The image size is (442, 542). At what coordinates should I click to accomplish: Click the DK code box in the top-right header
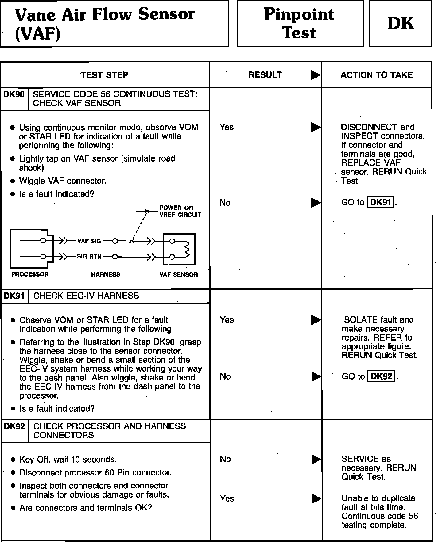click(x=400, y=23)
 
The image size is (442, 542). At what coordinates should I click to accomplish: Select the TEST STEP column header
click(x=105, y=75)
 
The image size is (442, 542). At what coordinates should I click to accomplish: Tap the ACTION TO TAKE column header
click(x=377, y=75)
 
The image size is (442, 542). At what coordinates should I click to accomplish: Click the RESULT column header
click(x=265, y=75)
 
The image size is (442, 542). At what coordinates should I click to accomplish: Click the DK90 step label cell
click(x=14, y=94)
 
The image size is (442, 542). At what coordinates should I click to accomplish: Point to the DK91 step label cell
click(x=14, y=296)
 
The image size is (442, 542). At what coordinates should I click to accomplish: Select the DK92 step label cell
click(x=14, y=426)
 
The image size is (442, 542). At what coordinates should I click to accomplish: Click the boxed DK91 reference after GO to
click(x=380, y=202)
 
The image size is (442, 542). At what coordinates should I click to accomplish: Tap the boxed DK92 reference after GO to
click(x=381, y=376)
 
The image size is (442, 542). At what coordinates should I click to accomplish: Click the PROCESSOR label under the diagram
click(x=30, y=274)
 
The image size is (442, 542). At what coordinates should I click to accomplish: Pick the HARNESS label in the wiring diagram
click(x=106, y=275)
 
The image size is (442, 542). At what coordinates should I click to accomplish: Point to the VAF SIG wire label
click(x=89, y=241)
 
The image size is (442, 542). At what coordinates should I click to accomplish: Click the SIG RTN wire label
click(x=89, y=257)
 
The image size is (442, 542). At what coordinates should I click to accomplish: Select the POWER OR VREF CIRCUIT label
click(x=180, y=212)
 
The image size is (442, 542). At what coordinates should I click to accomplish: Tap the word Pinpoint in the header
click(x=299, y=14)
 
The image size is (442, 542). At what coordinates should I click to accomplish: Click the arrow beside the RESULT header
click(x=315, y=75)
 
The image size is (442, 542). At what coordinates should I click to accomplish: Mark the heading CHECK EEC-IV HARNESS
click(x=86, y=296)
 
